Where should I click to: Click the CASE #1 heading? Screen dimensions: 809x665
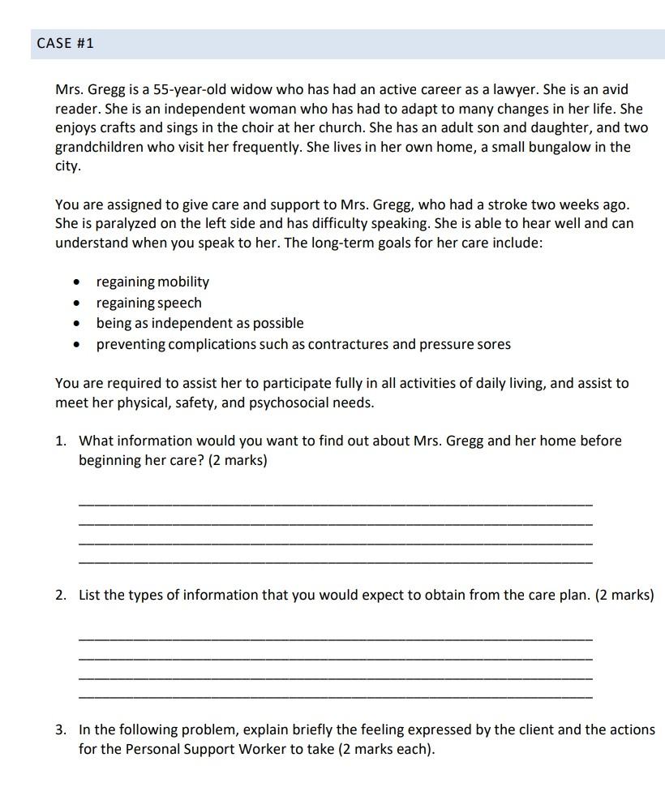point(66,44)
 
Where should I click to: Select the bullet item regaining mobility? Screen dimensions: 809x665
point(152,282)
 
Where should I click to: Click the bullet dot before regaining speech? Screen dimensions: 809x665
point(76,303)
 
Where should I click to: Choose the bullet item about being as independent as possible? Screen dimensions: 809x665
point(199,323)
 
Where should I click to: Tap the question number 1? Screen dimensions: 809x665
point(61,441)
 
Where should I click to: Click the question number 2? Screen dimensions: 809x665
point(61,596)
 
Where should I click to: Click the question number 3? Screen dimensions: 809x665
point(61,730)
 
